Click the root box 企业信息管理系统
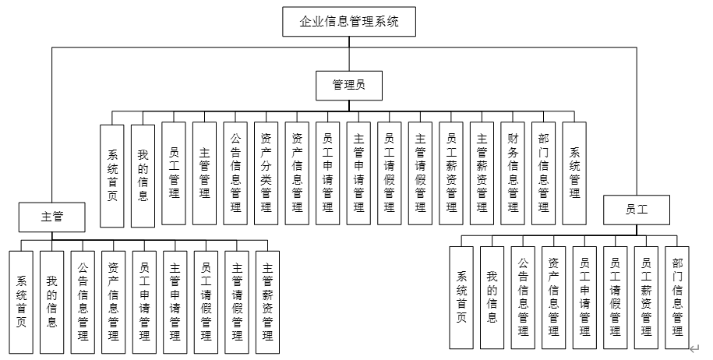pos(349,22)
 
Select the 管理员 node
pos(349,85)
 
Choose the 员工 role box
pos(637,209)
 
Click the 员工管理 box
pos(174,173)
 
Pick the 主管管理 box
pos(204,173)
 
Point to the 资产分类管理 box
pos(266,173)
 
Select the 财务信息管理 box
pos(512,173)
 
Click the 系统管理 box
pos(574,173)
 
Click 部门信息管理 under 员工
pos(676,297)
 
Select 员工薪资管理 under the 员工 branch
pos(645,297)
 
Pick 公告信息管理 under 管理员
pos(235,173)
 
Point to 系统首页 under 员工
pos(461,297)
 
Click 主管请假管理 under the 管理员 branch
pos(420,173)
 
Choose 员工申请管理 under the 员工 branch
pos(584,297)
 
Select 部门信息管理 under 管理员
pos(543,173)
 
